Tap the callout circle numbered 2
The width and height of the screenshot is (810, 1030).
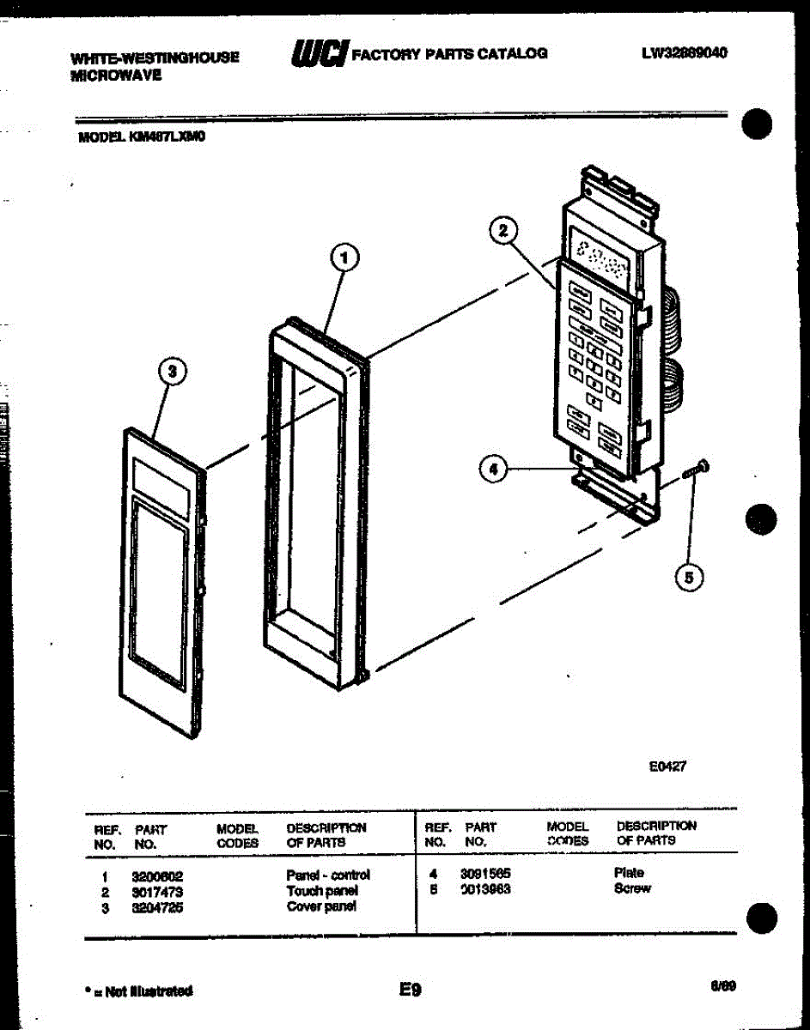pyautogui.click(x=504, y=230)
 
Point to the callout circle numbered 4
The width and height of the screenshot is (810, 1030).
pyautogui.click(x=492, y=469)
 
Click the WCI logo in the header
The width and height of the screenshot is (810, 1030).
pyautogui.click(x=320, y=53)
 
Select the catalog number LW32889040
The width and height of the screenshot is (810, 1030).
pyautogui.click(x=684, y=52)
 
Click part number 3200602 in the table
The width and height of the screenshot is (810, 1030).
pyautogui.click(x=157, y=876)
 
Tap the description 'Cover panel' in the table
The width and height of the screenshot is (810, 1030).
pyautogui.click(x=321, y=906)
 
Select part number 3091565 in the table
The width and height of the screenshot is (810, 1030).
pyautogui.click(x=485, y=874)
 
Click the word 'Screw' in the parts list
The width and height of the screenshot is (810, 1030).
pyautogui.click(x=632, y=888)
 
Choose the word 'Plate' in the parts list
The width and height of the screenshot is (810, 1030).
pyautogui.click(x=629, y=873)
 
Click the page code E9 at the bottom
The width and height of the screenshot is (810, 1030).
pyautogui.click(x=410, y=990)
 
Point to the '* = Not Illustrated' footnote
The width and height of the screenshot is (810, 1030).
pyautogui.click(x=138, y=991)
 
